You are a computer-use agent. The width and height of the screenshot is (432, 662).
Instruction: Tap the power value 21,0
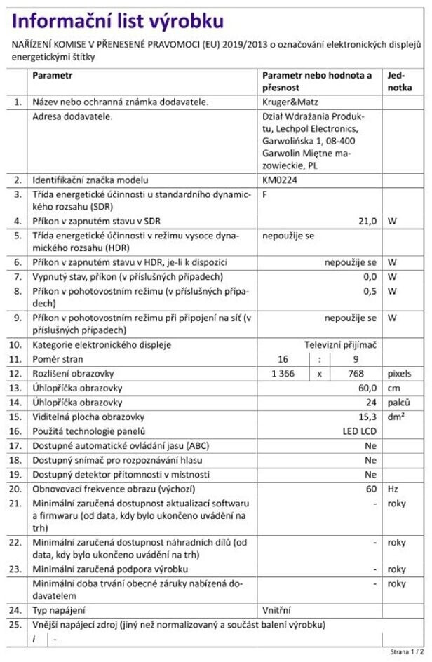pyautogui.click(x=367, y=220)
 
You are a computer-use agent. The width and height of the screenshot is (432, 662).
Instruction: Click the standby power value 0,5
pyautogui.click(x=370, y=290)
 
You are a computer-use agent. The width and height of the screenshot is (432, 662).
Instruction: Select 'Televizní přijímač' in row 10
pyautogui.click(x=340, y=345)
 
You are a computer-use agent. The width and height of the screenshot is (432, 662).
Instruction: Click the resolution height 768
pyautogui.click(x=356, y=373)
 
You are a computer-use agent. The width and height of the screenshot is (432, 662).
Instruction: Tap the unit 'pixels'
pyautogui.click(x=400, y=373)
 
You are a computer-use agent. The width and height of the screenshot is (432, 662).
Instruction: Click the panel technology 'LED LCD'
pyautogui.click(x=360, y=430)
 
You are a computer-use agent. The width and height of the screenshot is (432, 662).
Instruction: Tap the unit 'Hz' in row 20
pyautogui.click(x=393, y=488)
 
